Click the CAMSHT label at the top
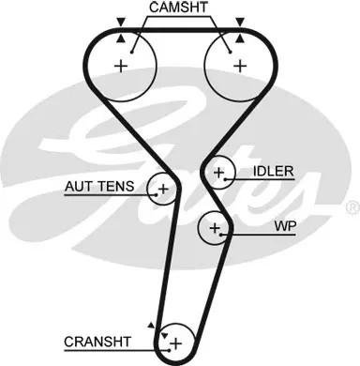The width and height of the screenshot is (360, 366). [x=178, y=8]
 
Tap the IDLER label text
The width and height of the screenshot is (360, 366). [x=274, y=171]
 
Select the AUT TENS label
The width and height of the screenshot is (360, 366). [x=99, y=187]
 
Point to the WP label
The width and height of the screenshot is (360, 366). [x=285, y=226]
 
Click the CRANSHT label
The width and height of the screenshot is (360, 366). [x=97, y=342]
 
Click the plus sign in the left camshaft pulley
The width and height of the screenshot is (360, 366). [x=121, y=67]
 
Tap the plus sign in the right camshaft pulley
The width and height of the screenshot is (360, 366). [x=240, y=66]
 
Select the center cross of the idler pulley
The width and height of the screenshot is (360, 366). [x=218, y=173]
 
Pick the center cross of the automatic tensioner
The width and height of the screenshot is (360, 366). [x=163, y=189]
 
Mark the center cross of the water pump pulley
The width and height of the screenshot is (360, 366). [x=215, y=228]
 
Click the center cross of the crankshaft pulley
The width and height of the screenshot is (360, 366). [x=176, y=343]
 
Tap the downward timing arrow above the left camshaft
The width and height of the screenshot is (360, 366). [x=121, y=22]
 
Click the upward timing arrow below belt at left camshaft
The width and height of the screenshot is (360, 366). [x=121, y=38]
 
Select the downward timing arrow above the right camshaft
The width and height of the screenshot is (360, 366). [x=240, y=22]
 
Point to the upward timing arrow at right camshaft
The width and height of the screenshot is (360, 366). [x=240, y=38]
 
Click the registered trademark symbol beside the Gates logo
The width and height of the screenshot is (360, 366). [x=353, y=208]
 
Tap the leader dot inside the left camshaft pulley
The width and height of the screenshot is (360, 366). [x=132, y=53]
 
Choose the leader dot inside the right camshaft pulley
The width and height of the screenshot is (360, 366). [x=231, y=53]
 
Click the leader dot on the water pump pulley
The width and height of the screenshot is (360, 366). [x=221, y=235]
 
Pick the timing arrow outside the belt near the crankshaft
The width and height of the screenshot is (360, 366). [x=151, y=326]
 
